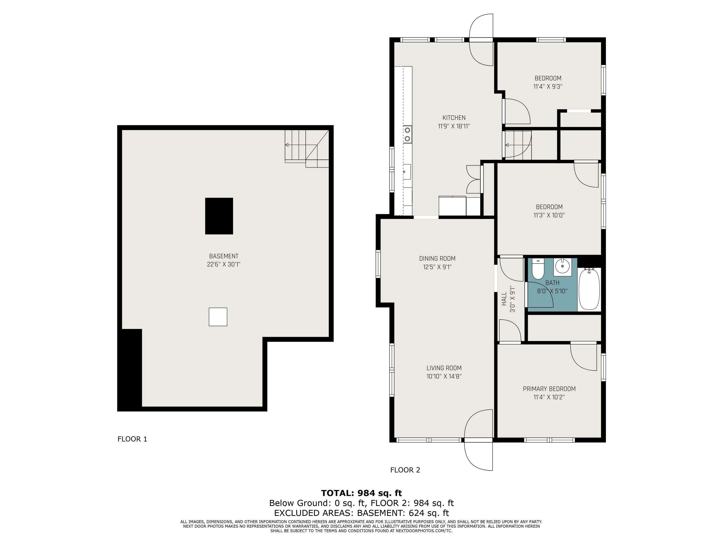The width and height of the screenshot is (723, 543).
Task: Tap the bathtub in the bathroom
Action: (589, 289)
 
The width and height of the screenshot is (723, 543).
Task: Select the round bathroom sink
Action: (562, 267)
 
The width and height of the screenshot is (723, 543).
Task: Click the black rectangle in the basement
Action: (219, 216)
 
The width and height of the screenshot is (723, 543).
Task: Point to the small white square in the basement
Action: (218, 317)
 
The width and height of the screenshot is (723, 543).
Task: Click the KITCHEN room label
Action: (454, 118)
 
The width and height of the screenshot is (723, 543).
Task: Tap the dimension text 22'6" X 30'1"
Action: (224, 264)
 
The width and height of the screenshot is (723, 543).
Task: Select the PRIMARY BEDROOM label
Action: (549, 389)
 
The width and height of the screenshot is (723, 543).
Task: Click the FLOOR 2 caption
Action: (405, 470)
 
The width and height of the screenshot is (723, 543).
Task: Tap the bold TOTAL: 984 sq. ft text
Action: (361, 493)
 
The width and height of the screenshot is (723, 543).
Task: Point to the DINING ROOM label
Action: (437, 259)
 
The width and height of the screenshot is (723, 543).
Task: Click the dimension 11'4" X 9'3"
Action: (548, 87)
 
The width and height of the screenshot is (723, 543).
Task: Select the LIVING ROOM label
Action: (444, 368)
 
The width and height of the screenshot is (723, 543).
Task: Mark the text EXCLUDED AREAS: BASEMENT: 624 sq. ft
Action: (361, 513)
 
